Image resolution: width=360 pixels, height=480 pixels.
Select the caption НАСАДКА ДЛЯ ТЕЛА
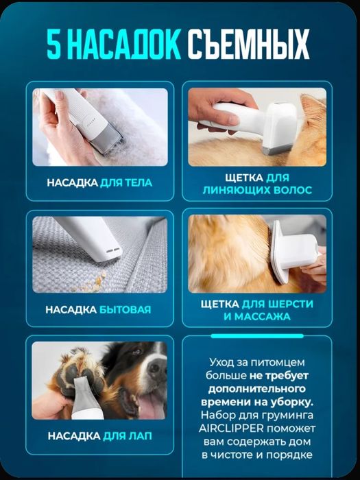click(x=99, y=183)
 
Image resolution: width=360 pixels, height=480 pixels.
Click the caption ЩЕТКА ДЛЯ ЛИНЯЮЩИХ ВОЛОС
click(x=257, y=183)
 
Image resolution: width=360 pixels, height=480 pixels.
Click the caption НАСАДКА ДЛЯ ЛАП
click(x=99, y=436)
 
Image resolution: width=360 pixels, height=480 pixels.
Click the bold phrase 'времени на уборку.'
click(x=257, y=401)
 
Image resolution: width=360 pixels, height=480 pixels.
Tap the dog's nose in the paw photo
click(x=156, y=370)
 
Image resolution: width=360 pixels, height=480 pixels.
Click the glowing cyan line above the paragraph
click(x=257, y=337)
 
